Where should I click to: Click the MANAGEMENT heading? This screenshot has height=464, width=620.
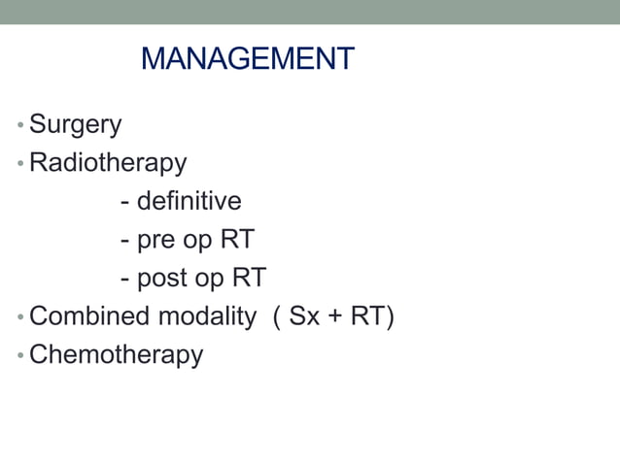[x=247, y=59]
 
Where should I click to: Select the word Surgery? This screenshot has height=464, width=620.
[x=75, y=124]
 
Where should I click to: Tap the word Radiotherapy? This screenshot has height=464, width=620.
[x=107, y=162]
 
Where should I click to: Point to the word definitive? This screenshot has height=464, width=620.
[x=189, y=201]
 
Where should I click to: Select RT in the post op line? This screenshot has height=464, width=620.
[x=249, y=278]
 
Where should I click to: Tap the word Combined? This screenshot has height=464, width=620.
[x=89, y=316]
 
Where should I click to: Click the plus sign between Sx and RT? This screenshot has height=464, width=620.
[x=335, y=317]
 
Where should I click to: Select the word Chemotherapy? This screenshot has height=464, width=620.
[x=116, y=354]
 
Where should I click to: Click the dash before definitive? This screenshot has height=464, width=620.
[x=125, y=203]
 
